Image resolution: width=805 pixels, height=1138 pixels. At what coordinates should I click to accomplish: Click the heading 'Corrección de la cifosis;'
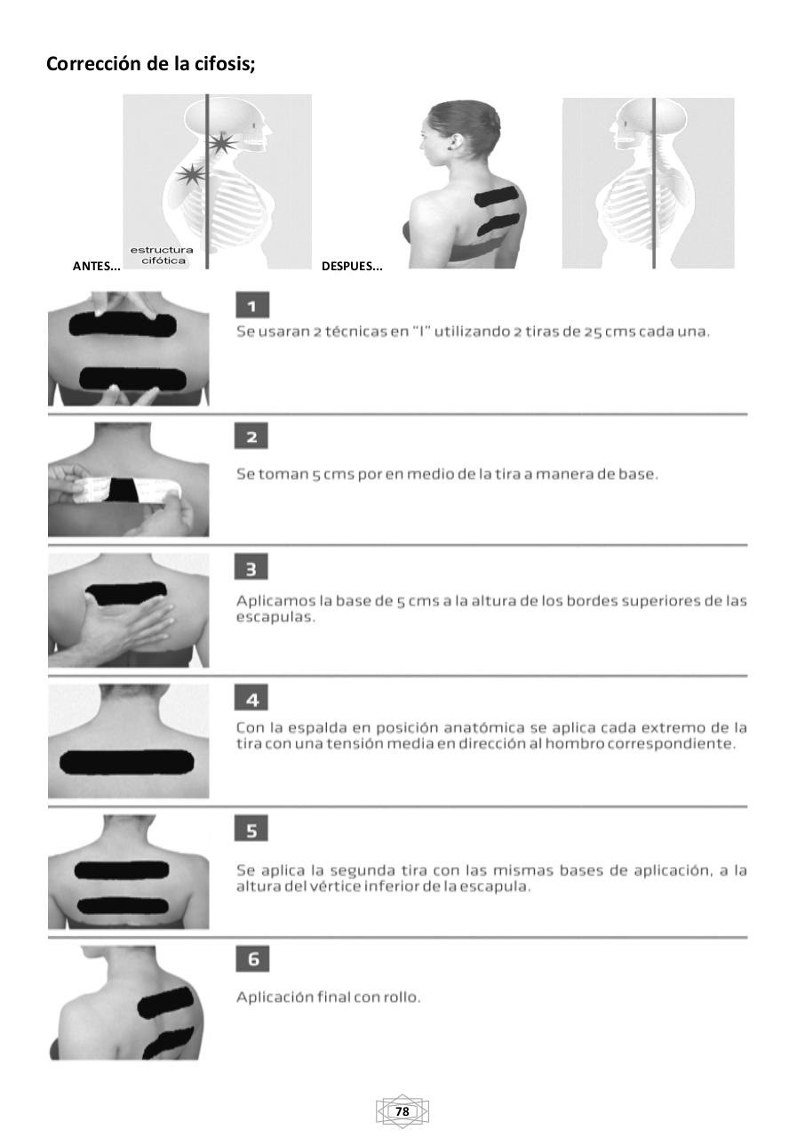click(151, 64)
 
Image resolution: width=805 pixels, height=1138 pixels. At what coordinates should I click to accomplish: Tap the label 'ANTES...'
click(96, 266)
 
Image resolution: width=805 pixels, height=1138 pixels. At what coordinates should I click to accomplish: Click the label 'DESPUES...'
click(352, 266)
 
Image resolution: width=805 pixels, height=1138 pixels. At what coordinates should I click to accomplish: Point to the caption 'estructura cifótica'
click(162, 255)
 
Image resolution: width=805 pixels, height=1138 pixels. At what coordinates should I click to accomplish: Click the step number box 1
click(252, 307)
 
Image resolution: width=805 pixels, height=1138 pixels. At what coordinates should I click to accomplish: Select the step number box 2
click(252, 437)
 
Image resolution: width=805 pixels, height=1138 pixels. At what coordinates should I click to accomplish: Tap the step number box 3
click(252, 567)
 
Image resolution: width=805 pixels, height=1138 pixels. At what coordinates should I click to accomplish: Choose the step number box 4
click(252, 698)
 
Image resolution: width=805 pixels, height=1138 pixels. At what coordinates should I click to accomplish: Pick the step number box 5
click(252, 829)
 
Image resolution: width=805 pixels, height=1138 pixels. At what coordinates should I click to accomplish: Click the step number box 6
click(252, 959)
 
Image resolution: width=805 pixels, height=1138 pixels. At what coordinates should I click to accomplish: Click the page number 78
click(402, 1111)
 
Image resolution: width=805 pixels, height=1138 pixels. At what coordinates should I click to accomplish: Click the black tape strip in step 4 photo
click(126, 762)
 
